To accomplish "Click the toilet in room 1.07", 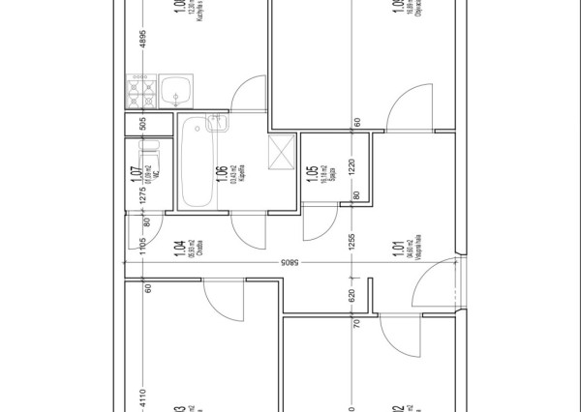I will [149, 157].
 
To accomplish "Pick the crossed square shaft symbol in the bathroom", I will [282, 150].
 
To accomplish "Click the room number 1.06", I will [223, 175].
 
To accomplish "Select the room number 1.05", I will [312, 173].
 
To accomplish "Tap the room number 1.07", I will [136, 175].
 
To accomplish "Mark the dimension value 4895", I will [142, 40].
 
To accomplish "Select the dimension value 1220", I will [353, 166].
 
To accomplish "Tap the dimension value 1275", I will [142, 189].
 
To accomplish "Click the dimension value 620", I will [353, 295].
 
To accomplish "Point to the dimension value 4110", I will [142, 397].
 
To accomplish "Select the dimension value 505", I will [142, 124].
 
